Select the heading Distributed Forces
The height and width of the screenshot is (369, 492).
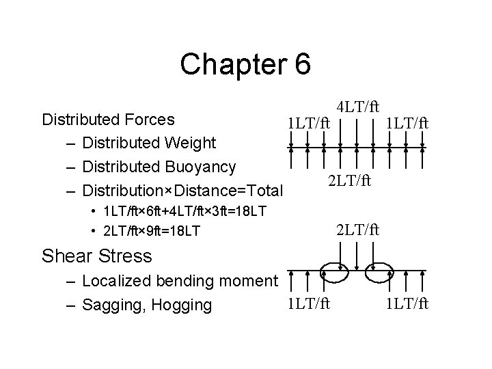(109, 120)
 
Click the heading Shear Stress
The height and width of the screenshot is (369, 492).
(96, 256)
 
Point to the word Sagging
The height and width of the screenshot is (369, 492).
(110, 304)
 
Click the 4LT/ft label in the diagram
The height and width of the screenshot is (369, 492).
(357, 107)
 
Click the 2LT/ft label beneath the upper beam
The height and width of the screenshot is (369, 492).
(350, 181)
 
